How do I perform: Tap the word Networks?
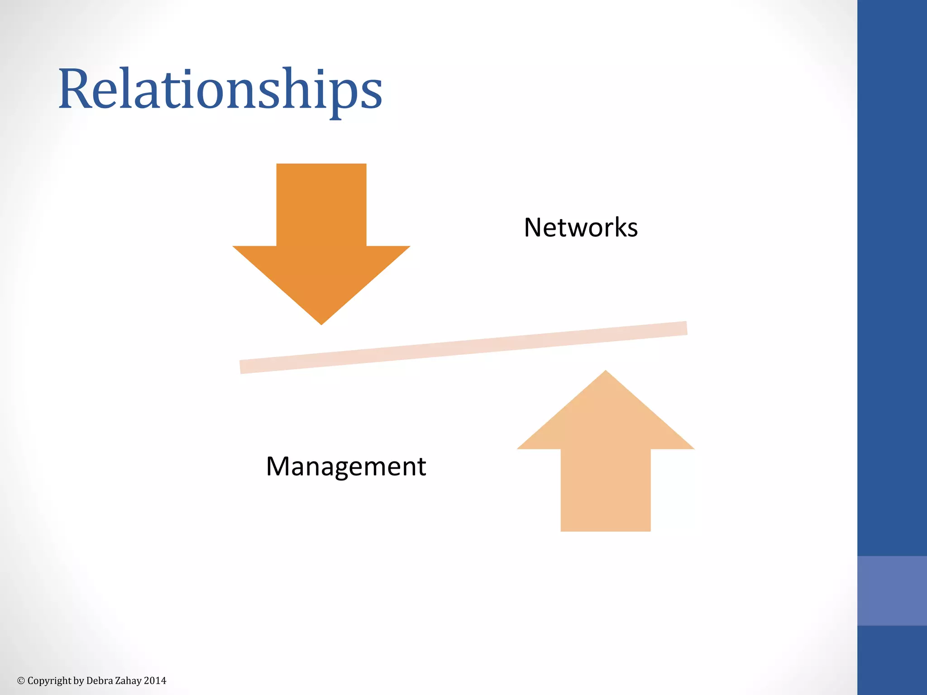[x=581, y=227]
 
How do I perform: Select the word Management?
[x=346, y=467]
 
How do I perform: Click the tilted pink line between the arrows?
[x=463, y=347]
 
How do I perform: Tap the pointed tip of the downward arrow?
[x=321, y=322]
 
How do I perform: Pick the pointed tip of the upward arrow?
[x=606, y=373]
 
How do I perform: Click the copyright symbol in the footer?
[x=21, y=681]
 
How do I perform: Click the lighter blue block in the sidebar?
[x=892, y=590]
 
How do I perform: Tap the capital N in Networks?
[x=533, y=227]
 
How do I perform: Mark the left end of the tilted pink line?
[x=243, y=367]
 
